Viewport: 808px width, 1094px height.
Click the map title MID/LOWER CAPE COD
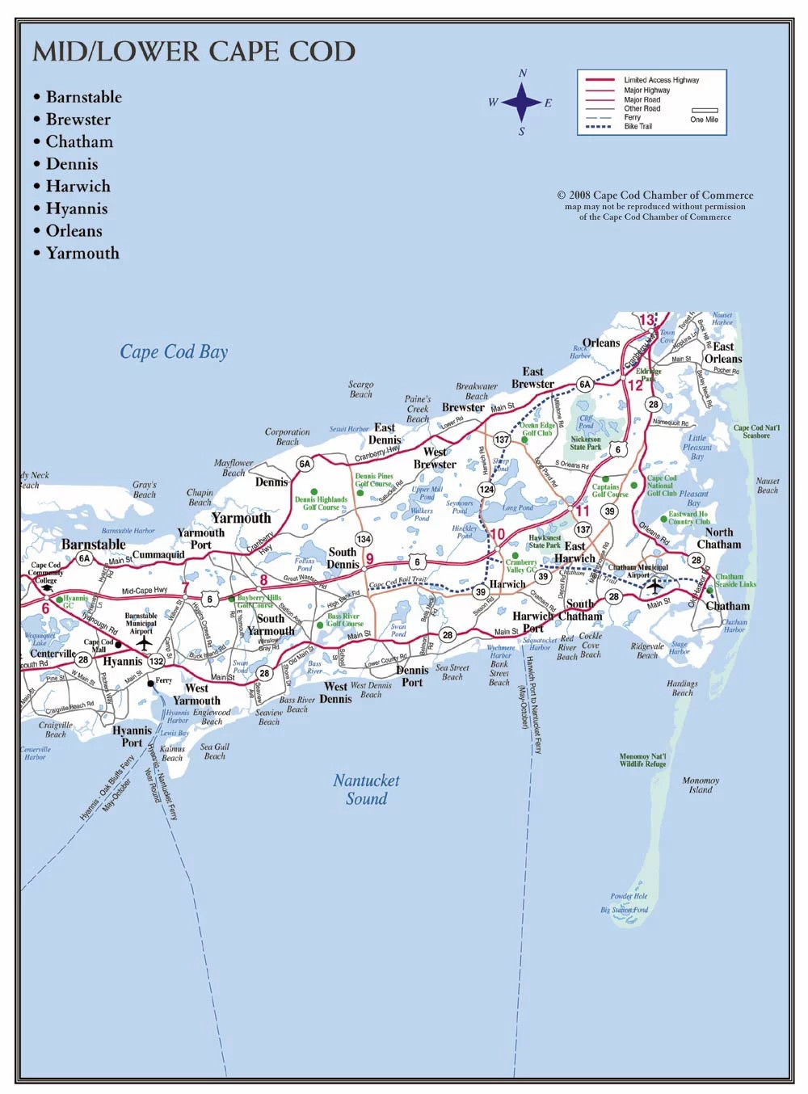(194, 52)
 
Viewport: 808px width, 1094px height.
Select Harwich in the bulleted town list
(78, 186)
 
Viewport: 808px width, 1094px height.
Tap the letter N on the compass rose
(523, 74)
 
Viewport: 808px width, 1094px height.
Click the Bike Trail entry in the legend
(638, 127)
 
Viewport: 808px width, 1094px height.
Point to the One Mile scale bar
(705, 111)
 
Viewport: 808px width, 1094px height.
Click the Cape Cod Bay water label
(174, 351)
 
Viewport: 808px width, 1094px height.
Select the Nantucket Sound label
(366, 789)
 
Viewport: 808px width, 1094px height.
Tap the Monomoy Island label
(701, 785)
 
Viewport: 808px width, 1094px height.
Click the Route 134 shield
(364, 539)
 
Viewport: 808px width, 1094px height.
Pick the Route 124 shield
(486, 489)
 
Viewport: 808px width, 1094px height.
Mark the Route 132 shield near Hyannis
(156, 660)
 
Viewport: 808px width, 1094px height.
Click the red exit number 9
(370, 558)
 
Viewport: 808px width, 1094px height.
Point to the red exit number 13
(647, 320)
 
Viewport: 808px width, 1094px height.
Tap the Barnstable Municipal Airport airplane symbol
(144, 643)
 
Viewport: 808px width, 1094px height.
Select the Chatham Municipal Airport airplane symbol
(654, 587)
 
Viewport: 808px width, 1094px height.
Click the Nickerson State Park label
(586, 443)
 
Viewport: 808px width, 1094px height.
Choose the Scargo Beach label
(361, 389)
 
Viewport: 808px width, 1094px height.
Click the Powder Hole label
(629, 896)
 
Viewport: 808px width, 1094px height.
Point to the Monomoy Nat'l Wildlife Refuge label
(643, 760)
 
